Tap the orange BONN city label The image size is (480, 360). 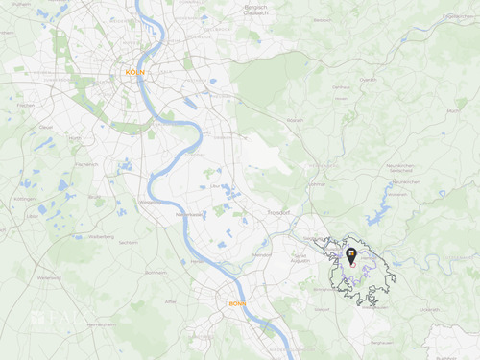(x=237, y=304)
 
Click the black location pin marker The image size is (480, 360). (x=352, y=256)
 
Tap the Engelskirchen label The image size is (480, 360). (x=457, y=16)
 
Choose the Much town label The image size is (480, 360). (x=452, y=111)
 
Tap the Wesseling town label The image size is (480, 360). (x=151, y=203)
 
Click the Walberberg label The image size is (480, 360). (x=101, y=235)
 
